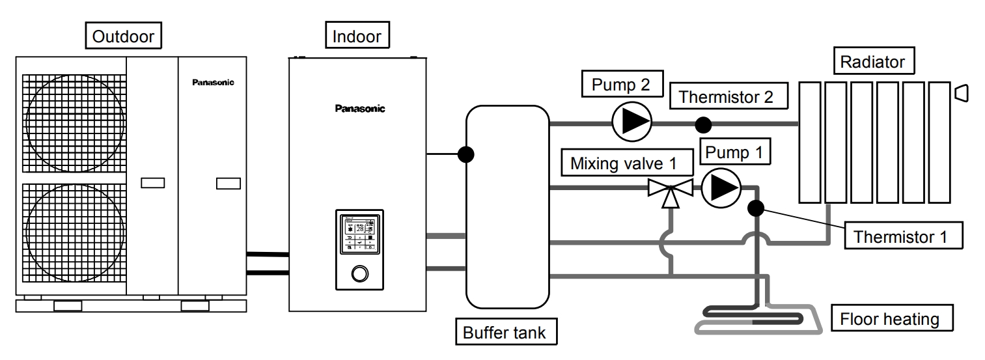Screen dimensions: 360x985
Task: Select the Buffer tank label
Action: tap(504, 333)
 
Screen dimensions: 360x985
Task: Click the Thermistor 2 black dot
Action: tap(702, 124)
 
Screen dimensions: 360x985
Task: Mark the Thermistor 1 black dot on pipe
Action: tap(756, 208)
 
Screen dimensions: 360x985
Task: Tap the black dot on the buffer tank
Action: tap(466, 154)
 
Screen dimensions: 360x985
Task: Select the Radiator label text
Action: tap(872, 62)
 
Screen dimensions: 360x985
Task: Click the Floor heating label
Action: tap(890, 320)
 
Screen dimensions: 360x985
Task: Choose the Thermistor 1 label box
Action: tap(904, 236)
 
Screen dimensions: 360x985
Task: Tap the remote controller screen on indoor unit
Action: tap(359, 231)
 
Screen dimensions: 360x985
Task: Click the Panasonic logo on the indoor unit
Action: tap(360, 109)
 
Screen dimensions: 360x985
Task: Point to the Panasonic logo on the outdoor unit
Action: tap(213, 83)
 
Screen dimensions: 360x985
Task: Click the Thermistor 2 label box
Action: tap(727, 97)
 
